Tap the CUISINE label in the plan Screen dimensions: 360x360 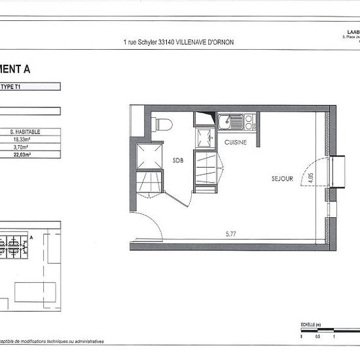[x=236, y=142]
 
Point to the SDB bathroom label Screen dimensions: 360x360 [x=178, y=160]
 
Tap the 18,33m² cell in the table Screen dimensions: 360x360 [x=31, y=139]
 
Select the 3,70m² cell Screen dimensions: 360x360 [x=31, y=147]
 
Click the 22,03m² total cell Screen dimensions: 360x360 [x=31, y=154]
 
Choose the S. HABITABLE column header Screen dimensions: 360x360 [x=31, y=131]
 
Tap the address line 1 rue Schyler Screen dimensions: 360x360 [x=178, y=42]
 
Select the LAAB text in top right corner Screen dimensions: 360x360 [x=351, y=31]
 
